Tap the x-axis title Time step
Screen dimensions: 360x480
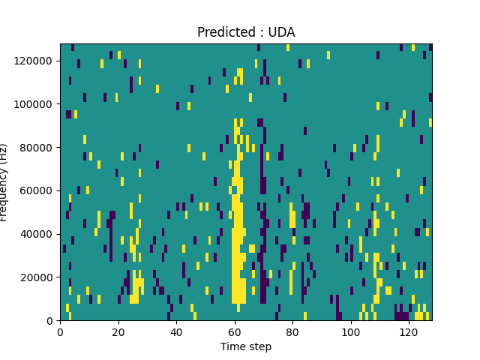point(246,346)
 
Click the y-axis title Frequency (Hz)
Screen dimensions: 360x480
point(4,182)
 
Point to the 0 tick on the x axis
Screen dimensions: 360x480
point(60,331)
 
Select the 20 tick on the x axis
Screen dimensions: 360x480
point(118,331)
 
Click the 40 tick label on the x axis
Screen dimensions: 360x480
point(176,331)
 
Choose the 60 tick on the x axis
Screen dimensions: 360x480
point(234,331)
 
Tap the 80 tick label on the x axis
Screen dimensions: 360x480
point(292,331)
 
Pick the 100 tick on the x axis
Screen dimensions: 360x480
point(350,331)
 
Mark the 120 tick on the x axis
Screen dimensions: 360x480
point(408,331)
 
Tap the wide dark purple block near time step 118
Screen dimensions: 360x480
point(402,316)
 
